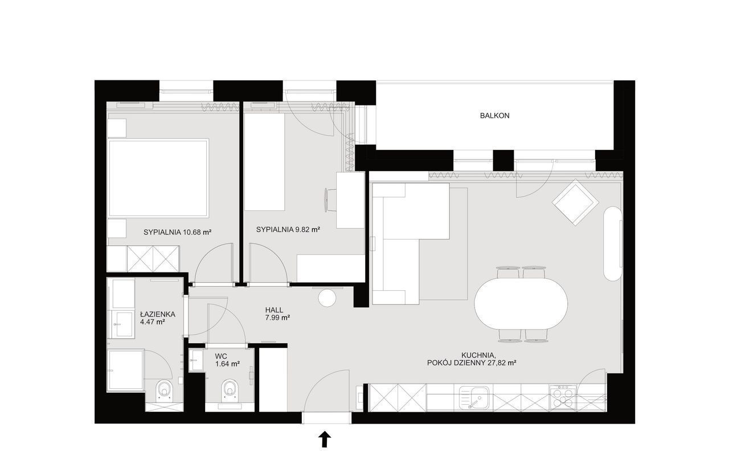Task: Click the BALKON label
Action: [495, 116]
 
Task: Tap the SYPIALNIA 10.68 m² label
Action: [178, 233]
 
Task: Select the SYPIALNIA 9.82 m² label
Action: [288, 229]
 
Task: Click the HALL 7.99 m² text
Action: [277, 314]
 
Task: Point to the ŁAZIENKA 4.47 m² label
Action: [158, 318]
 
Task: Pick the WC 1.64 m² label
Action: [227, 360]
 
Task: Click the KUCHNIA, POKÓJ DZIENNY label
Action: [472, 359]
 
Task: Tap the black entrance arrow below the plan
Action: [325, 439]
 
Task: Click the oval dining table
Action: [521, 303]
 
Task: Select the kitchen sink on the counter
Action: [474, 397]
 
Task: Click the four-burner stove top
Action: [563, 397]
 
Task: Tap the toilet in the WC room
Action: [230, 390]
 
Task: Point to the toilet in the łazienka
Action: [165, 391]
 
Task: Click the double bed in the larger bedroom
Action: [158, 178]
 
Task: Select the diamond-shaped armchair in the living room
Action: [575, 202]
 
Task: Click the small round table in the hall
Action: [327, 298]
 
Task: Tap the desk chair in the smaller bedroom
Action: [330, 200]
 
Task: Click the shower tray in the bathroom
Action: [126, 371]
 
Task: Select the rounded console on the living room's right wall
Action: [613, 243]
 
